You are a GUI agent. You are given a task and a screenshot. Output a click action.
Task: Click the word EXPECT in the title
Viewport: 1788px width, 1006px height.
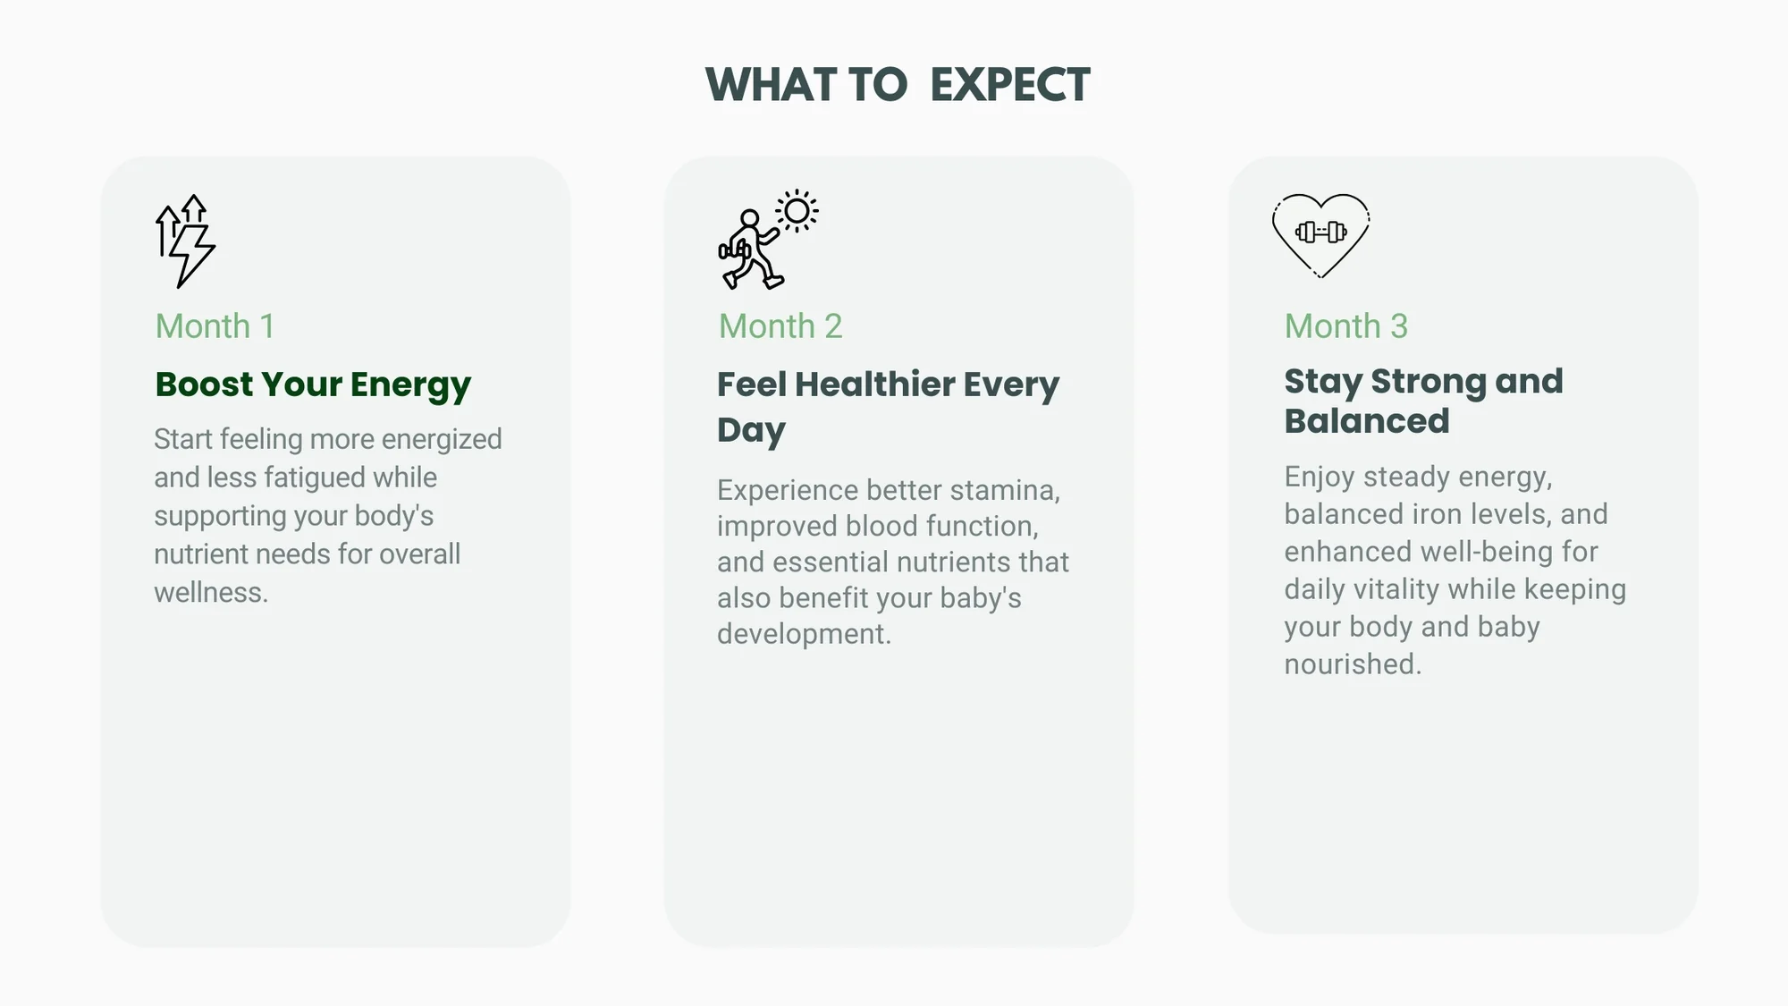[1009, 85]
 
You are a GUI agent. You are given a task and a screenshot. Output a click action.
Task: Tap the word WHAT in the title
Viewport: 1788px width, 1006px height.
[772, 85]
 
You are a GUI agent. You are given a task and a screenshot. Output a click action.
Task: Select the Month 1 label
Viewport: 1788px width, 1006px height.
[215, 326]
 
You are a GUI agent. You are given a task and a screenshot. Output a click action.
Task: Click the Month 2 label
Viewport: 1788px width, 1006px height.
[780, 326]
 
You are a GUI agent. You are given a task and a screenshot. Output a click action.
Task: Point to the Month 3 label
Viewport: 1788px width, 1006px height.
[1346, 326]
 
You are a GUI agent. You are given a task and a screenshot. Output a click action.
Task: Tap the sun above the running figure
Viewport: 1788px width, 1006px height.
[797, 211]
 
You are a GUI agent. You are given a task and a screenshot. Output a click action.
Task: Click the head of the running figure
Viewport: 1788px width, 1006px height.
[750, 218]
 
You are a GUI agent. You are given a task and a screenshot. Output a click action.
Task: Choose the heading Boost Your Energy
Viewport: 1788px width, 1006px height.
[313, 385]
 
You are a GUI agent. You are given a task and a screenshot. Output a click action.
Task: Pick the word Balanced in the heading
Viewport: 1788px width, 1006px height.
[1367, 421]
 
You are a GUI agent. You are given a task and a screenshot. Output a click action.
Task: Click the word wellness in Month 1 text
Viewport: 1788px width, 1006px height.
[211, 592]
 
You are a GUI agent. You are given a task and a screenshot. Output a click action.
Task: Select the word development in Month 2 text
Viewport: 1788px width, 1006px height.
[804, 634]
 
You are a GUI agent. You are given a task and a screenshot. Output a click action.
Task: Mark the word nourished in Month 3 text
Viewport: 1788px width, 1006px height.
[1353, 664]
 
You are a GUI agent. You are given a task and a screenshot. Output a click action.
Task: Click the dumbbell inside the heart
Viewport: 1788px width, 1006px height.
[1321, 232]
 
